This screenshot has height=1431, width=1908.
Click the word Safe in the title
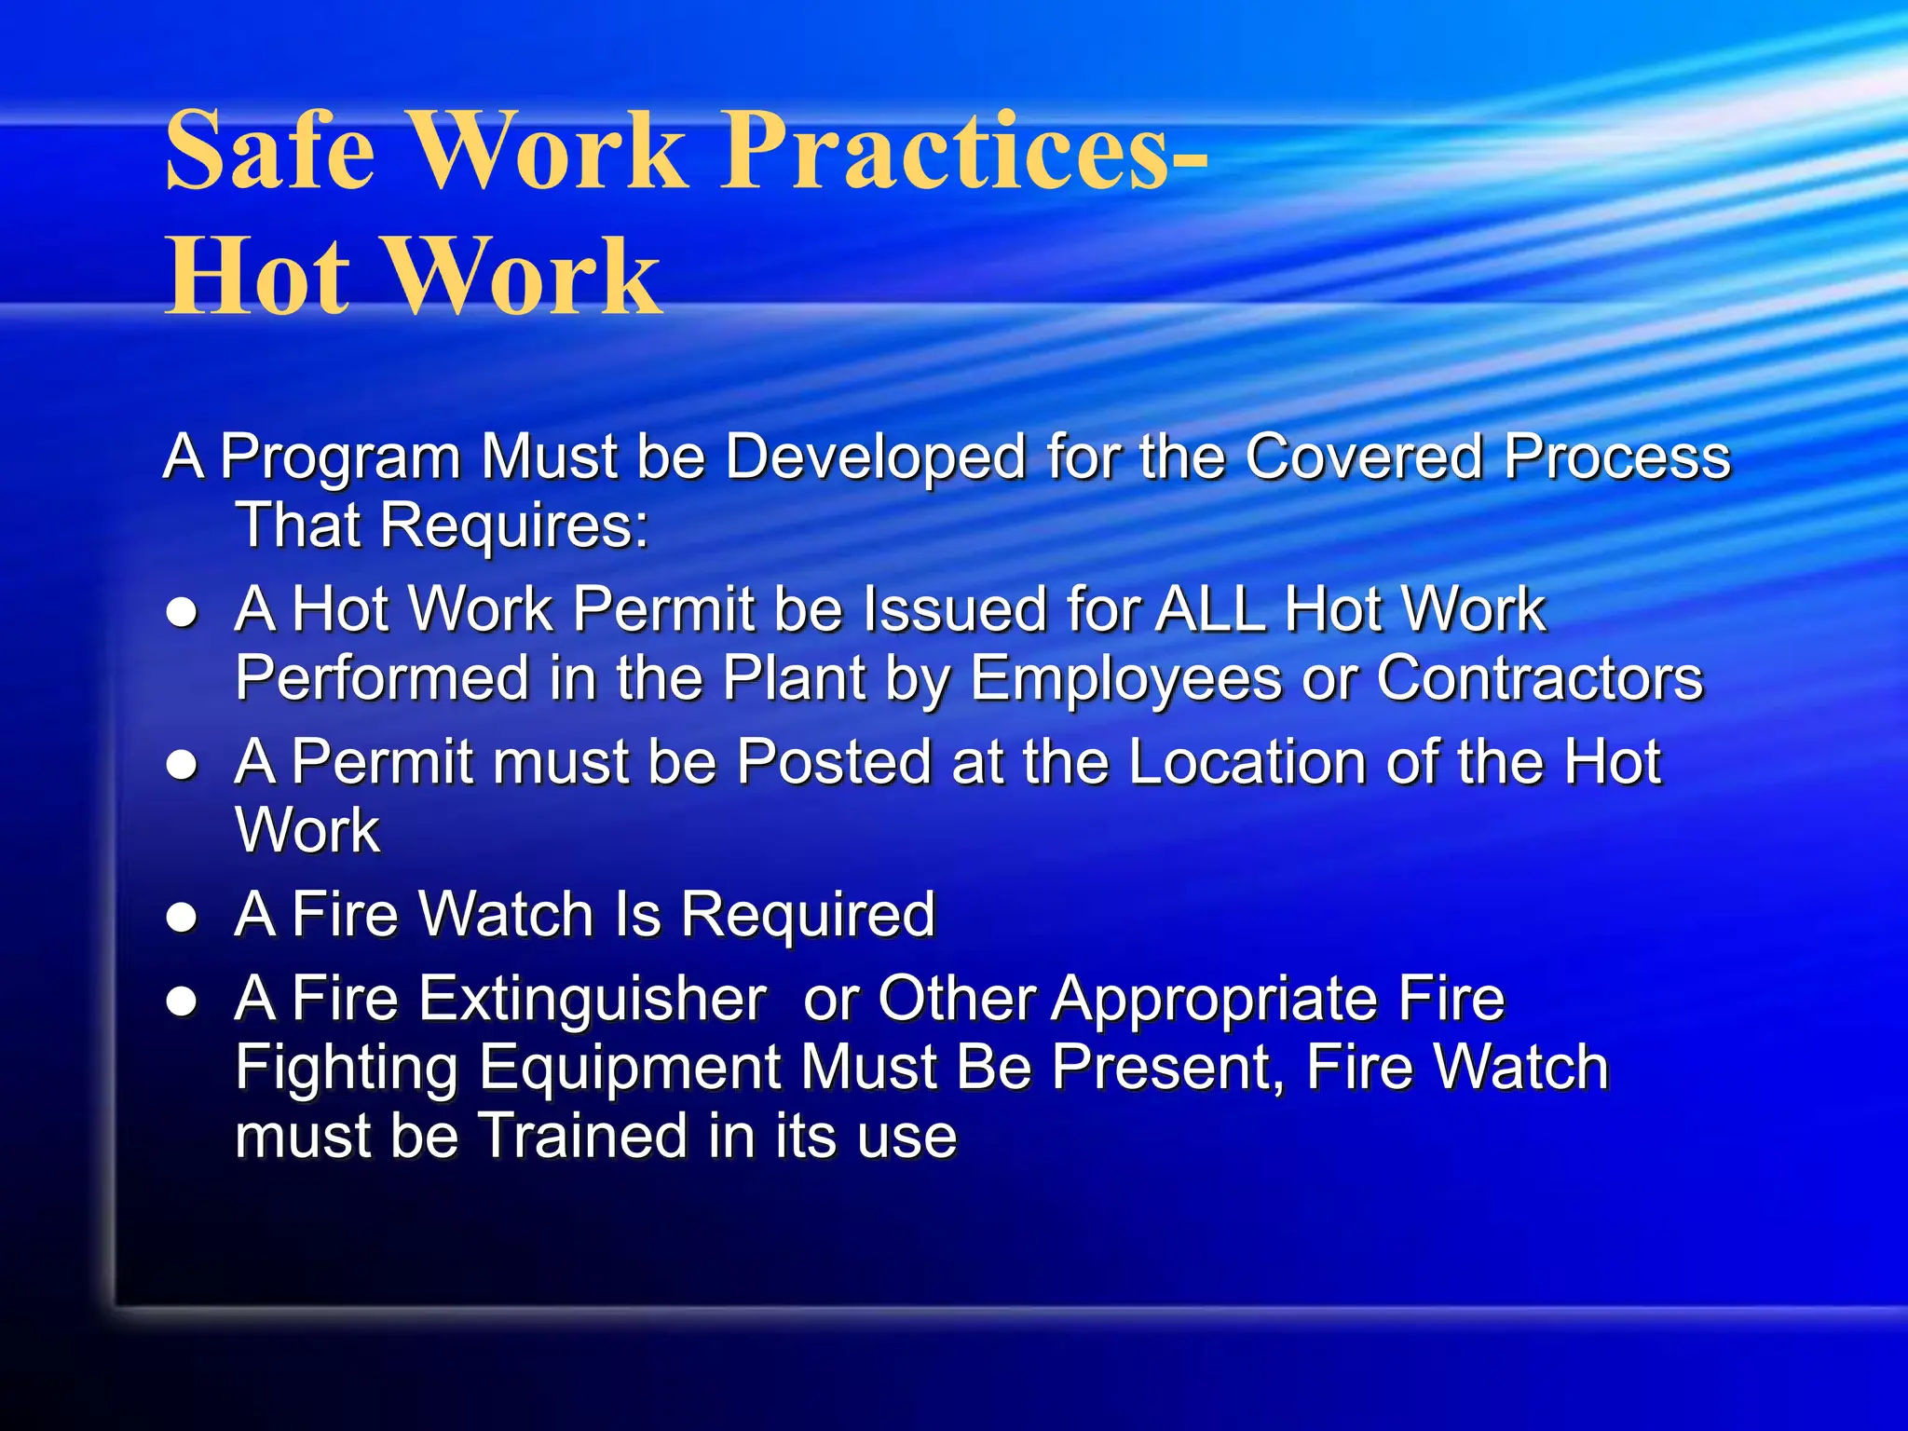click(x=270, y=151)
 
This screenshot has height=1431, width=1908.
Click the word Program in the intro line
click(x=340, y=458)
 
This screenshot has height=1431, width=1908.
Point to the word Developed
click(x=872, y=458)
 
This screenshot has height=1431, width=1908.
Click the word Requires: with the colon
click(x=514, y=526)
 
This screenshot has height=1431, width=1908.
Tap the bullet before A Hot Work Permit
click(x=182, y=613)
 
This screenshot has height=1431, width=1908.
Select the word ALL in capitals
click(x=1210, y=610)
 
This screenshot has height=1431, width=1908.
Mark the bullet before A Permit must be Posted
click(x=182, y=766)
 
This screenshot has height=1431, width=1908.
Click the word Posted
click(x=835, y=763)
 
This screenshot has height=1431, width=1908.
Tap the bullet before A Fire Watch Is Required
click(x=182, y=918)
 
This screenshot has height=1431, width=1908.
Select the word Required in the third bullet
click(x=808, y=916)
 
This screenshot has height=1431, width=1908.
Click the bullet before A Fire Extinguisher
click(x=182, y=1002)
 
